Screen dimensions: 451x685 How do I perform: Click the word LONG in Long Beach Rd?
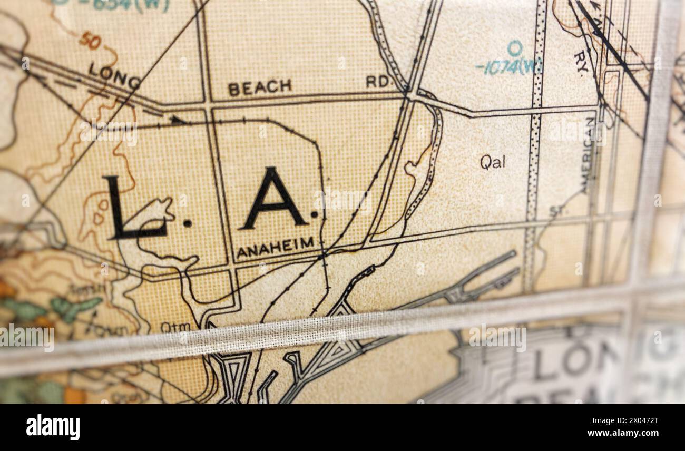click(x=114, y=75)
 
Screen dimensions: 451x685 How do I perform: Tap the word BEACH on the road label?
click(x=260, y=87)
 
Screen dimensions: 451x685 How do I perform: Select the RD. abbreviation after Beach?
click(x=379, y=81)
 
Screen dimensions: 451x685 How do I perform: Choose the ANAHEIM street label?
click(x=275, y=247)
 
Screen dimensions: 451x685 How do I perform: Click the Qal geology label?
click(x=492, y=162)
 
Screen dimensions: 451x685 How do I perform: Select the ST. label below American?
click(x=555, y=211)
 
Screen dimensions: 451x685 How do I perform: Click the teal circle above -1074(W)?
click(x=514, y=48)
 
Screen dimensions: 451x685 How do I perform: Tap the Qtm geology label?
click(x=175, y=327)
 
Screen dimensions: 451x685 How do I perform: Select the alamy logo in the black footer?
click(x=53, y=427)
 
